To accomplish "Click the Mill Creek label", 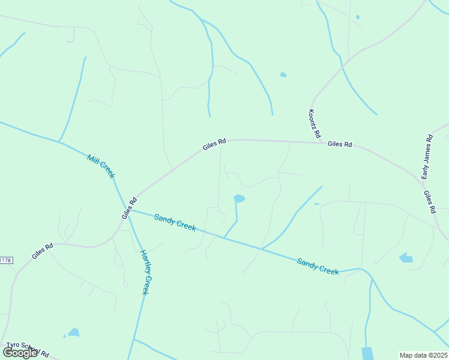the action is tap(100, 166).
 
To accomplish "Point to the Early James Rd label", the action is tap(427, 157).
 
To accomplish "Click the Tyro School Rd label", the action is tap(27, 350).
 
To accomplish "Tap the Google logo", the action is tap(20, 353).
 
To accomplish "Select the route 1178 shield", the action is tap(5, 260).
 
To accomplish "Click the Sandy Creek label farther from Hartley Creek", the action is tap(318, 266).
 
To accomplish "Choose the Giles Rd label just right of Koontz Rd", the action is tap(340, 145).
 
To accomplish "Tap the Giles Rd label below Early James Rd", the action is tap(429, 203).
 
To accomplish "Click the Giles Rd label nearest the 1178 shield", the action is tap(43, 250).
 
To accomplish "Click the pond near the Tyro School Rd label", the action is tap(73, 332).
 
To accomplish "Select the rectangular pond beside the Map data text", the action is tap(367, 353).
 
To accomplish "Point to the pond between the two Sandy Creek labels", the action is tap(239, 198).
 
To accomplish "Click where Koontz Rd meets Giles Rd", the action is tap(319, 142).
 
